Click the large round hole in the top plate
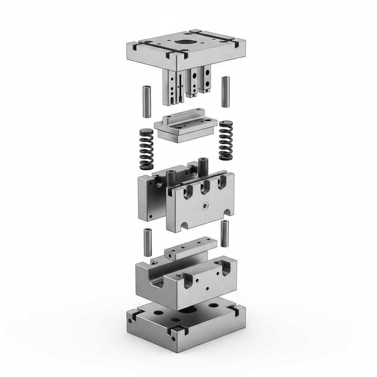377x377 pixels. point(183,42)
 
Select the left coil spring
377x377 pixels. point(147,149)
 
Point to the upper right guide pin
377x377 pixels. point(225,91)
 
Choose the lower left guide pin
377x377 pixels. point(148,242)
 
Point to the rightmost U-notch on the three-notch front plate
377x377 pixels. point(221,180)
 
